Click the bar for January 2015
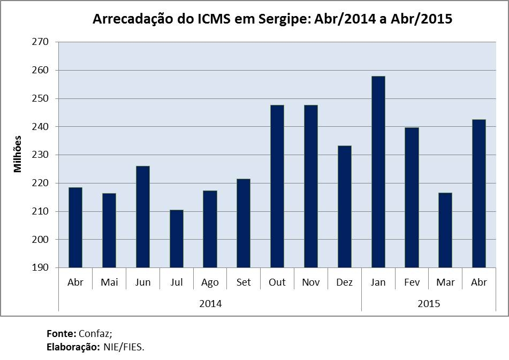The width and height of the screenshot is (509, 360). click(378, 172)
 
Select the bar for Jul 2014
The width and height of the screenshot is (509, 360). click(176, 239)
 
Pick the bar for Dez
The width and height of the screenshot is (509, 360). click(344, 206)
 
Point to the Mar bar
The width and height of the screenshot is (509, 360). click(445, 230)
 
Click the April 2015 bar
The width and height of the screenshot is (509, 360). click(479, 193)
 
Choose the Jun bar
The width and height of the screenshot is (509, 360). click(143, 217)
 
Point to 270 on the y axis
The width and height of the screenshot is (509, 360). click(40, 42)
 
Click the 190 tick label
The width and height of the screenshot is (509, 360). click(40, 268)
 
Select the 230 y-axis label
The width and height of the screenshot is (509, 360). click(40, 155)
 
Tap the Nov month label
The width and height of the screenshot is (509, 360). click(311, 282)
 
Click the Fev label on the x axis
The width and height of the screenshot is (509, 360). click(412, 282)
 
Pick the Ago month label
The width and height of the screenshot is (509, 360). click(210, 282)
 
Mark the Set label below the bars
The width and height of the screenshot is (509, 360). click(244, 282)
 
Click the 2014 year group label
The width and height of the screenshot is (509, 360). click(210, 304)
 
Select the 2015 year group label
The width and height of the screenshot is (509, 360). click(428, 304)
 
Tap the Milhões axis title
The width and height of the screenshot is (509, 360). click(18, 154)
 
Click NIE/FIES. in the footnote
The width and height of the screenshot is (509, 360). click(124, 347)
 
